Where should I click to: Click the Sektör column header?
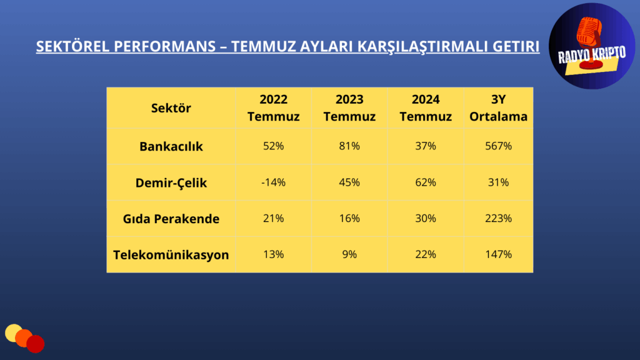[171, 108]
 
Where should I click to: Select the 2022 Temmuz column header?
[274, 107]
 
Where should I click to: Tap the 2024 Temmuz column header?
[426, 107]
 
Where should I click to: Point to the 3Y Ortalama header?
[498, 107]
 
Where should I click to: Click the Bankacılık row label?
[171, 146]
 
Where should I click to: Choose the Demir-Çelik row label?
[171, 182]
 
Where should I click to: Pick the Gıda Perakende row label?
[171, 219]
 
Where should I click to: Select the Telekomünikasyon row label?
[171, 255]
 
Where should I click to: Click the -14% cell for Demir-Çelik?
[274, 182]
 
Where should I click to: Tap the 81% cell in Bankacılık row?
[349, 146]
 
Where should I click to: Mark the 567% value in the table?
[498, 146]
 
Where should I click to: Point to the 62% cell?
[426, 182]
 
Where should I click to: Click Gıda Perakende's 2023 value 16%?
[349, 218]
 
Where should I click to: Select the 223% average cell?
[498, 218]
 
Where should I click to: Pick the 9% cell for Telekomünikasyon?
[349, 254]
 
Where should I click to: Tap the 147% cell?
[498, 254]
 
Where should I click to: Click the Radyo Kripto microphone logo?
[592, 46]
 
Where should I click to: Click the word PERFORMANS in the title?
[164, 46]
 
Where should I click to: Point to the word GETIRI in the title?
[516, 46]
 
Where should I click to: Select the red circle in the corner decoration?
[36, 344]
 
